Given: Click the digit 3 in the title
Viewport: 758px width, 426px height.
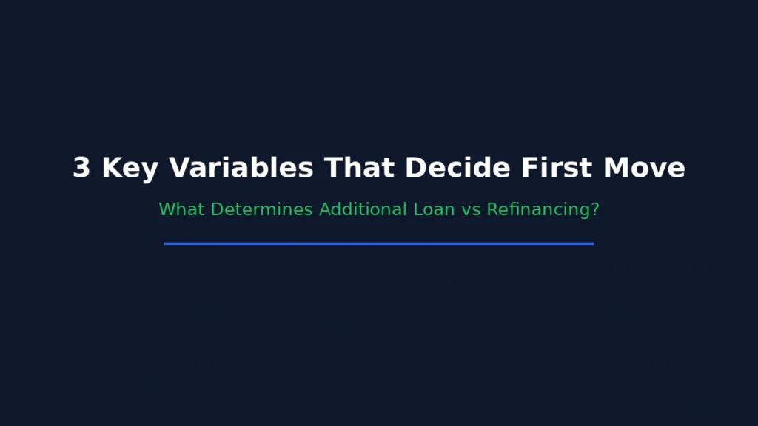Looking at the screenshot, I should tap(81, 168).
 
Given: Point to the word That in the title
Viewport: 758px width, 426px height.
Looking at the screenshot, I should tap(360, 168).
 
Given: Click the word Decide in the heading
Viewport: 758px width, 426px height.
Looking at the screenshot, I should tap(458, 168).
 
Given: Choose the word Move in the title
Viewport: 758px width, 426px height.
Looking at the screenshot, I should tap(644, 168).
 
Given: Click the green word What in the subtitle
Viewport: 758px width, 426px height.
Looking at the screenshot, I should tap(182, 209).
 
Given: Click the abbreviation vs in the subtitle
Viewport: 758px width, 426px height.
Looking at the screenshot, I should tap(472, 210).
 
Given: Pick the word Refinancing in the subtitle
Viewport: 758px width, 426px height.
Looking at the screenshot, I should tap(537, 210).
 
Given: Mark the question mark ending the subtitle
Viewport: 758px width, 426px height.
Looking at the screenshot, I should tap(595, 209).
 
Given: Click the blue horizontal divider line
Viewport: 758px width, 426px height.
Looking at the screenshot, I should tap(379, 243).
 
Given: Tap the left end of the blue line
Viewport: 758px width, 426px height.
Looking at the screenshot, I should tap(167, 243).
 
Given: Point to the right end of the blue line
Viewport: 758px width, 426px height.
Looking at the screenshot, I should tap(592, 243).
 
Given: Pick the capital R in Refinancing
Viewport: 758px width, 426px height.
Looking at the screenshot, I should tap(492, 209).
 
